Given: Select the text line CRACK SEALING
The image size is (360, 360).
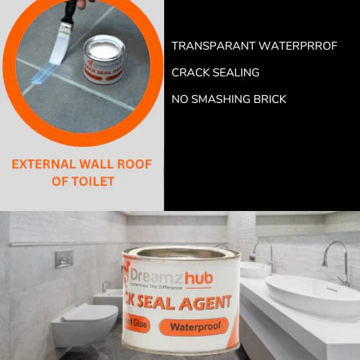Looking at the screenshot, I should tap(215, 73).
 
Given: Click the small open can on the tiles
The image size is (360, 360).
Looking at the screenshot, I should tap(104, 58).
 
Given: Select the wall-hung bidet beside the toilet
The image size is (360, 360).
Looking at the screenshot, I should tap(109, 299).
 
